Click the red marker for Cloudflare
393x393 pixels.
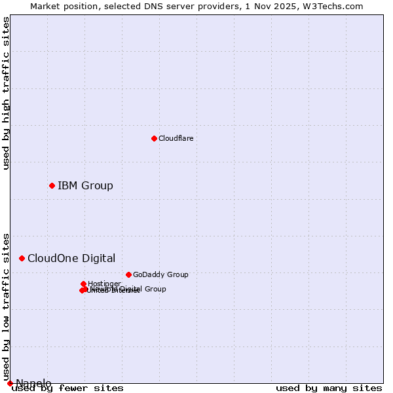coord(154,138)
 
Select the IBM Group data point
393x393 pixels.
coord(52,185)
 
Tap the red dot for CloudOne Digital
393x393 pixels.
coord(22,258)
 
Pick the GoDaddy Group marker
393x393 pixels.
coord(128,274)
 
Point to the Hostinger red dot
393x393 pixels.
coord(83,284)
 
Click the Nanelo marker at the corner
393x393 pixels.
coord(10,383)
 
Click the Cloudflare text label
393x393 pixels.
coord(176,138)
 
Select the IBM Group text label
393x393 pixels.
coord(85,185)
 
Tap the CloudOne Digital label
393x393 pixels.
coord(71,258)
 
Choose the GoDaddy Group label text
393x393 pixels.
coord(160,274)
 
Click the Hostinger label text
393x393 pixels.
coord(104,284)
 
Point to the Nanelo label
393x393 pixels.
coord(33,383)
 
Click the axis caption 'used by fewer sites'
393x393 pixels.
coord(67,388)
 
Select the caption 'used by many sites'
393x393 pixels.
coord(329,388)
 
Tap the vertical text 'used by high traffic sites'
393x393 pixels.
coord(7,93)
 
